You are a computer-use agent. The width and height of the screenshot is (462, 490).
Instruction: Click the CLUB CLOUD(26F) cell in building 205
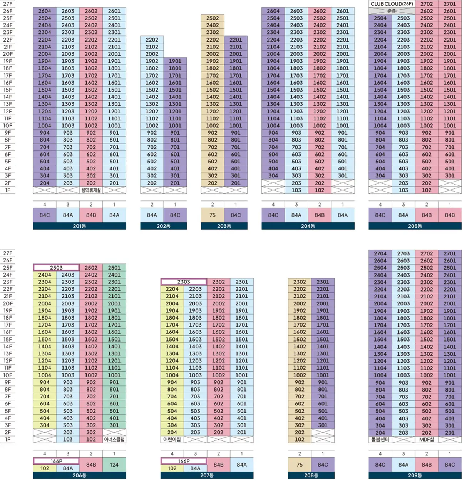tap(392, 4)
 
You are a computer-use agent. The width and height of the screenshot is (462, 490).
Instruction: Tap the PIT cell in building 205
tap(392, 11)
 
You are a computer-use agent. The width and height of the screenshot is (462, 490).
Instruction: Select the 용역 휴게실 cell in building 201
tap(91, 190)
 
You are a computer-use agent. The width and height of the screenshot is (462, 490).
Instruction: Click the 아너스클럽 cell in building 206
tap(114, 439)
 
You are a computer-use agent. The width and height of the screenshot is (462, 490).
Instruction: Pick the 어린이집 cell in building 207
tap(172, 439)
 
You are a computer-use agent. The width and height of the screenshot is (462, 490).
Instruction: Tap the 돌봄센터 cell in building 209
tap(380, 439)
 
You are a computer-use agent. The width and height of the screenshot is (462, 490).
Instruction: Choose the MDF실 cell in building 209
tap(427, 439)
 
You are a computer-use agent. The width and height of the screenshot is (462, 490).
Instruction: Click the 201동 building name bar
tap(80, 226)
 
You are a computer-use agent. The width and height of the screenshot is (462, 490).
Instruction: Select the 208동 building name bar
tap(311, 475)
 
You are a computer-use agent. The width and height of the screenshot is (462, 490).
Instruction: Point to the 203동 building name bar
tap(224, 226)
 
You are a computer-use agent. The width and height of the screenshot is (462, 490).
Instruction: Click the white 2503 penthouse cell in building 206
tap(56, 268)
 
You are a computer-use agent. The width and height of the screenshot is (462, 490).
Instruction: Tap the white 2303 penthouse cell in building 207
tap(184, 282)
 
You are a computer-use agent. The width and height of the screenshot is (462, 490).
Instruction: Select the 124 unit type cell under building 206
tap(114, 465)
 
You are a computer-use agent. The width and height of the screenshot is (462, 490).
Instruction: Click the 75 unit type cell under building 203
tap(213, 215)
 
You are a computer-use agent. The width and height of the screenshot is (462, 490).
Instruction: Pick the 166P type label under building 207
tap(184, 461)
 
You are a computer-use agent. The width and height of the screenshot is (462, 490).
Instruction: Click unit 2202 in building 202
tap(152, 40)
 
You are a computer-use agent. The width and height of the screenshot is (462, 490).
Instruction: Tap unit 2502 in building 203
tap(213, 18)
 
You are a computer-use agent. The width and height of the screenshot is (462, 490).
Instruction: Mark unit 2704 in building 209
tap(380, 253)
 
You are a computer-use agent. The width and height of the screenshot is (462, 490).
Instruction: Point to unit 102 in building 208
tap(300, 439)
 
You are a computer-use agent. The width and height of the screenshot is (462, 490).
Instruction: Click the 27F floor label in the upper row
tap(8, 4)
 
